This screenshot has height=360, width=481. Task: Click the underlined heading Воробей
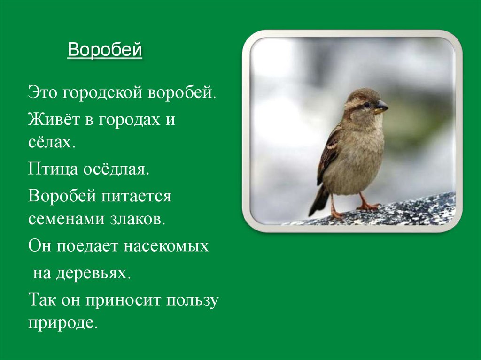click(104, 50)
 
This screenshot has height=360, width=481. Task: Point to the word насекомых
click(166, 246)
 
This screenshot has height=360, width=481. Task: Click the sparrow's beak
click(381, 107)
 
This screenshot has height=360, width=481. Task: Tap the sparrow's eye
click(366, 104)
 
